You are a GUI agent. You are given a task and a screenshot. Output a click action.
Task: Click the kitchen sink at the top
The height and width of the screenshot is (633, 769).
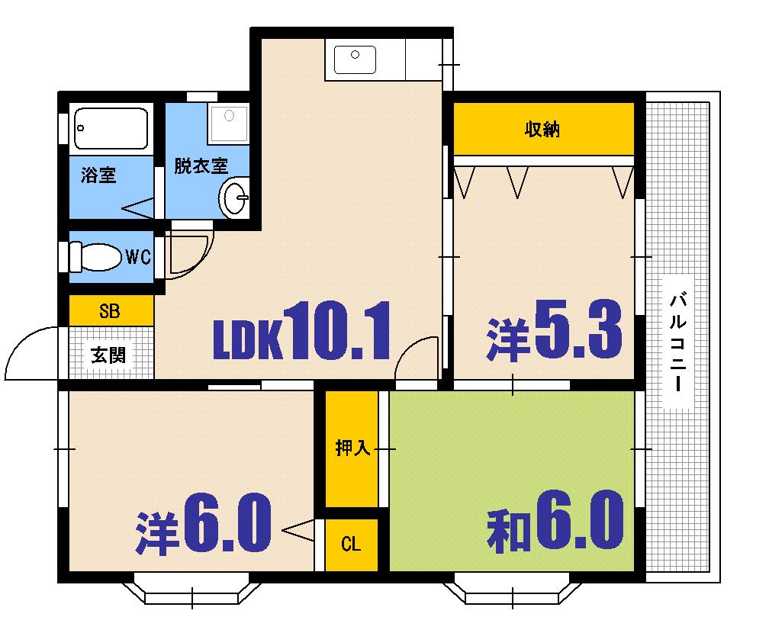354,59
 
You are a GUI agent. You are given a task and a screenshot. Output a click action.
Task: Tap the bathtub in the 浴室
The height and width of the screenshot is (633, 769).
111,127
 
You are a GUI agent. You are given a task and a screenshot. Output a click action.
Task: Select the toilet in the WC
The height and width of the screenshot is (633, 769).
95,257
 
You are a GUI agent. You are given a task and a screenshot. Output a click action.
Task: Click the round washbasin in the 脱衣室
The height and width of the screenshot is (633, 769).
233,200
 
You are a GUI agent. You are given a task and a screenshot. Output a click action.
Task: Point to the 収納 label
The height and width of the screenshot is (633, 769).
542,130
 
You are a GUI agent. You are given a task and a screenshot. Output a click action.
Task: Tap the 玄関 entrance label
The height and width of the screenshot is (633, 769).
109,355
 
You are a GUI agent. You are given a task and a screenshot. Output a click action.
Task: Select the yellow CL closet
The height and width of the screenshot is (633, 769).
351,545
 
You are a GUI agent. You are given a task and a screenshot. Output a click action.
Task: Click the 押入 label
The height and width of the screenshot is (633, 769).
352,448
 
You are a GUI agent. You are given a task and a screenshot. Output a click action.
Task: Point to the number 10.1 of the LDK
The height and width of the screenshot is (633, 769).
338,333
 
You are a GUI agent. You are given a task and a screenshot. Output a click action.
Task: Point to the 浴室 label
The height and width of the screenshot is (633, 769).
98,175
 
